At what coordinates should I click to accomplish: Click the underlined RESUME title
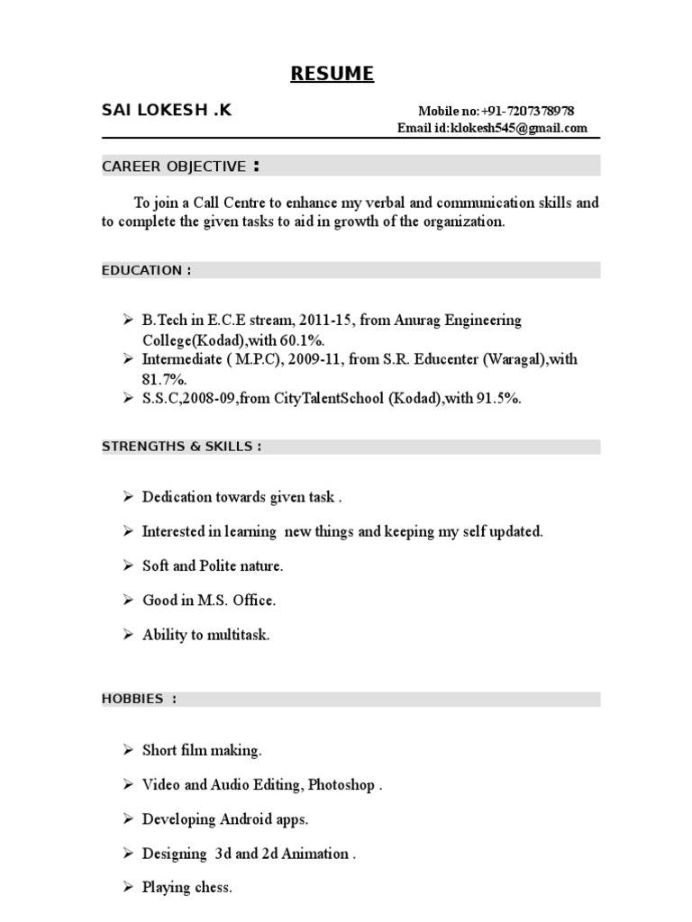coord(332,74)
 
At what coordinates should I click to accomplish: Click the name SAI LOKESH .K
coord(167,111)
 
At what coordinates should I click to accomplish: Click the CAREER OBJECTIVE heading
coord(174,167)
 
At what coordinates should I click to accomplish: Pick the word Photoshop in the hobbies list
coord(341,784)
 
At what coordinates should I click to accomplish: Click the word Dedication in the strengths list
coord(177,497)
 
